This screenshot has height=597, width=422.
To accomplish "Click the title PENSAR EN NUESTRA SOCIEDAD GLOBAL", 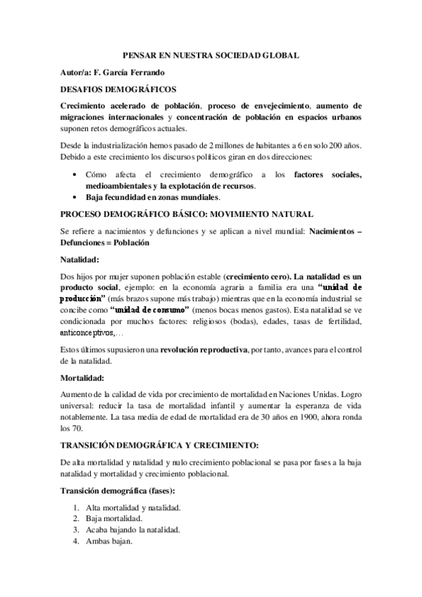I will [211, 54].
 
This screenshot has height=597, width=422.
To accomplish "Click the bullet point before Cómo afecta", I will [75, 174].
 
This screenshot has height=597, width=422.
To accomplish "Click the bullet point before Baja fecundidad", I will [75, 197].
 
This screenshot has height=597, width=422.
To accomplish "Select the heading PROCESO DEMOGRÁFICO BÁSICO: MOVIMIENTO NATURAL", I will [187, 213].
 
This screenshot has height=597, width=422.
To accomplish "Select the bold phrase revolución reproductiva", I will [203, 349].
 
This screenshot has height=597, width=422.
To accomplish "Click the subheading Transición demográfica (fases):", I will [118, 491].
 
